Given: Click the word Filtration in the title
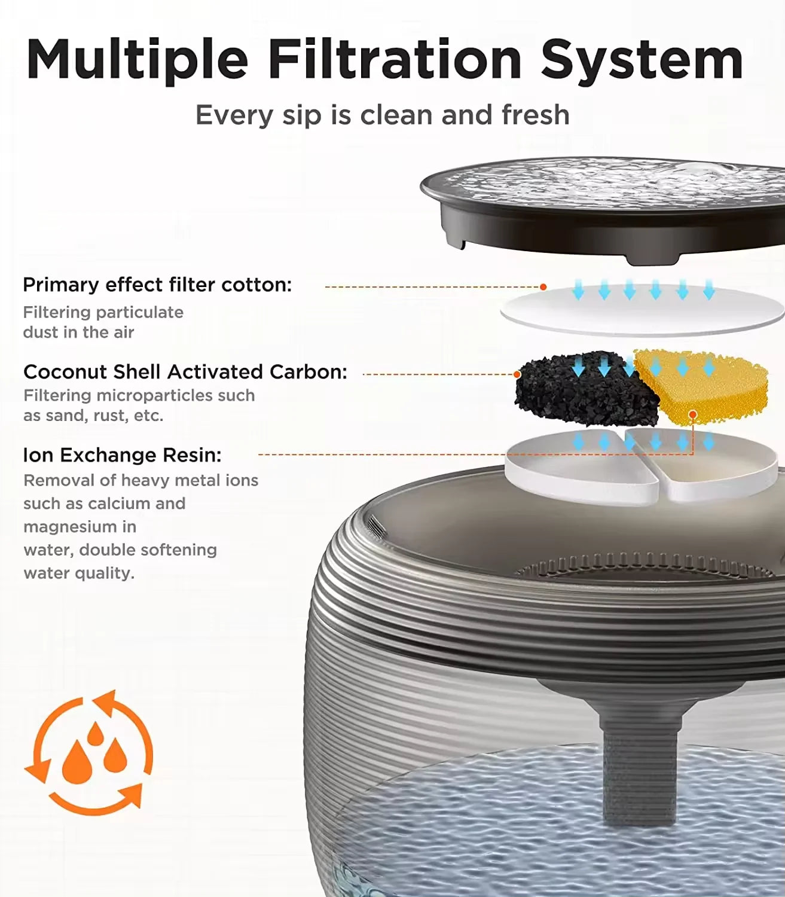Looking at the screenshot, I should (x=395, y=59).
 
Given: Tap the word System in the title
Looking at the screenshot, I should (x=642, y=59).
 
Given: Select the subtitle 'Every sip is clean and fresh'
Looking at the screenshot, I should (x=382, y=115).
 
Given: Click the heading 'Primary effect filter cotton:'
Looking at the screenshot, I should (x=157, y=285).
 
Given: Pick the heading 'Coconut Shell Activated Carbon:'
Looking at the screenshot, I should (x=185, y=372).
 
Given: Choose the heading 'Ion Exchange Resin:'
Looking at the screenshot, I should (x=122, y=455).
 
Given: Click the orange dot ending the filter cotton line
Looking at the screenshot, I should (x=543, y=287).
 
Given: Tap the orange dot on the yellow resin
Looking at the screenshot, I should (x=692, y=414).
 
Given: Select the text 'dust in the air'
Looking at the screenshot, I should (x=78, y=332).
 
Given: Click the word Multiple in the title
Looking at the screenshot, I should (x=137, y=59).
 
